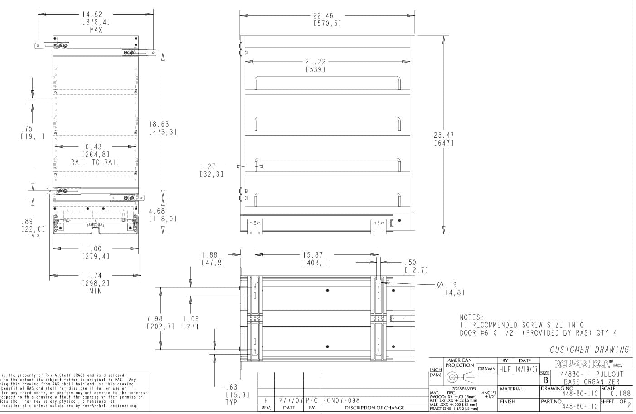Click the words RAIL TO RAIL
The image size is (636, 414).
pyautogui.click(x=96, y=162)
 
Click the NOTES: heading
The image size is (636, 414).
pyautogui.click(x=472, y=317)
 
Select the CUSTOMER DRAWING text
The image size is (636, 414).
pyautogui.click(x=589, y=350)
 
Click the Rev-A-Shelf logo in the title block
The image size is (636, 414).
pyautogui.click(x=588, y=364)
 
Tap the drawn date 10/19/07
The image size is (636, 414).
pyautogui.click(x=526, y=370)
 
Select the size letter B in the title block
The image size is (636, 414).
pyautogui.click(x=545, y=380)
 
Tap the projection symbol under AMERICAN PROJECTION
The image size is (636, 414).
pyautogui.click(x=459, y=377)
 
